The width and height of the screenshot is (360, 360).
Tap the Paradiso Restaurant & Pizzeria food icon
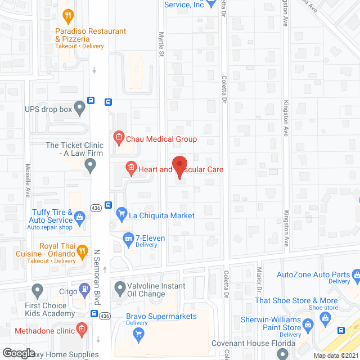(67, 15)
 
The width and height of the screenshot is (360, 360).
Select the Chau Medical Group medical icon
(119, 136)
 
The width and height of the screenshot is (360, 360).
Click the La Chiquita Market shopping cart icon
(120, 214)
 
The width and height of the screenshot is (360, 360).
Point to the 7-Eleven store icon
(128, 238)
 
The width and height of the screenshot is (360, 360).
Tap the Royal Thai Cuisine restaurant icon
(82, 251)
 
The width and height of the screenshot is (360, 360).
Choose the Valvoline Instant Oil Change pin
(119, 290)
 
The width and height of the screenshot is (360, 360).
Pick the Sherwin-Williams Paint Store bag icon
(308, 323)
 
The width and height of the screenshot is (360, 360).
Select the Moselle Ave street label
(27, 180)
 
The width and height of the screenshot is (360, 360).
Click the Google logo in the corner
(18, 353)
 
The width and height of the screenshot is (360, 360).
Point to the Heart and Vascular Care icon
(130, 167)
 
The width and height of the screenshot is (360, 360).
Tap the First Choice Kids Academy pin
(38, 291)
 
